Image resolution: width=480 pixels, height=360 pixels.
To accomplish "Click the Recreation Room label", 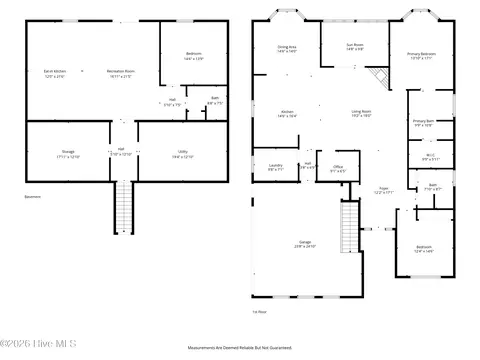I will pyautogui.click(x=121, y=71).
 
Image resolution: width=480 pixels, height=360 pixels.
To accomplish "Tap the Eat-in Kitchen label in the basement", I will pyautogui.click(x=54, y=71).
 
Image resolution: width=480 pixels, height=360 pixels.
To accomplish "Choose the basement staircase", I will pyautogui.click(x=122, y=207).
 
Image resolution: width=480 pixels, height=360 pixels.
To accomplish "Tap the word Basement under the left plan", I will pyautogui.click(x=32, y=197).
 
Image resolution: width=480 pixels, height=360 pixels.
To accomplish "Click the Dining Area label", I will pyautogui.click(x=286, y=47).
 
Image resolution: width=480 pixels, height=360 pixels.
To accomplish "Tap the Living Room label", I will pyautogui.click(x=361, y=113).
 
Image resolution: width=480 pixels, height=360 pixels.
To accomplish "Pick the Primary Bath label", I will pyautogui.click(x=422, y=122).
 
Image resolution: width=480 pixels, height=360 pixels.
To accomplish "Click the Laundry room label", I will pyautogui.click(x=275, y=167).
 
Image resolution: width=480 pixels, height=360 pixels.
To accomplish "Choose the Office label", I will pyautogui.click(x=338, y=167).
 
